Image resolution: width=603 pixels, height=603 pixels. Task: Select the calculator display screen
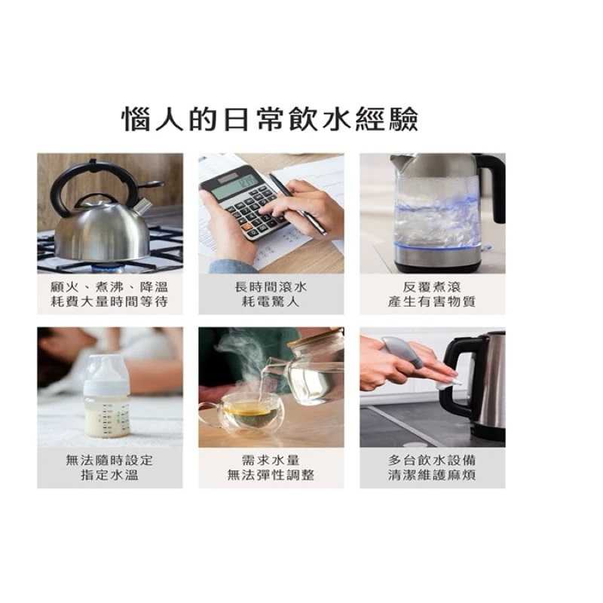(234, 186)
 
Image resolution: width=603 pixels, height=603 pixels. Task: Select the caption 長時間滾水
(271, 287)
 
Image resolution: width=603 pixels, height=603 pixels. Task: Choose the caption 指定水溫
(109, 476)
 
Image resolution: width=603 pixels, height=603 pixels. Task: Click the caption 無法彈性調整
(271, 476)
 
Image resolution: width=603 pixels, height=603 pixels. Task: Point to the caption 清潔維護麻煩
(431, 476)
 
